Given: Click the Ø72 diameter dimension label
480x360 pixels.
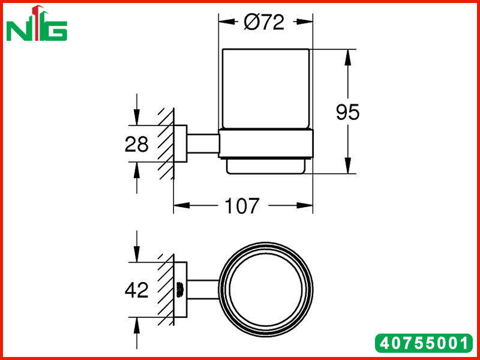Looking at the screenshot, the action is click(x=264, y=22).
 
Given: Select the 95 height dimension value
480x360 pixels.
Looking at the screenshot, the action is click(x=347, y=112).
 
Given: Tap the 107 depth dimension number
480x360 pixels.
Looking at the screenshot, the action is click(x=242, y=206).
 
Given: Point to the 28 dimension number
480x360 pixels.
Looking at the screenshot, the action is click(x=137, y=144).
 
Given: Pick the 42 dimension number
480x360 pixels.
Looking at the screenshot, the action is click(x=137, y=290).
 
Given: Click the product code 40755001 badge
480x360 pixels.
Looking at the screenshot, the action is click(x=424, y=343).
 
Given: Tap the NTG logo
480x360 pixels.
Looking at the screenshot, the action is click(x=37, y=23).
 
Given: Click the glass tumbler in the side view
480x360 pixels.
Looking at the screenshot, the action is click(x=265, y=89).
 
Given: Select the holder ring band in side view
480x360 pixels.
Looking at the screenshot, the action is click(x=266, y=144).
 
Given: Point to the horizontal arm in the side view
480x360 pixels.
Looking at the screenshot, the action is click(x=203, y=143).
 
